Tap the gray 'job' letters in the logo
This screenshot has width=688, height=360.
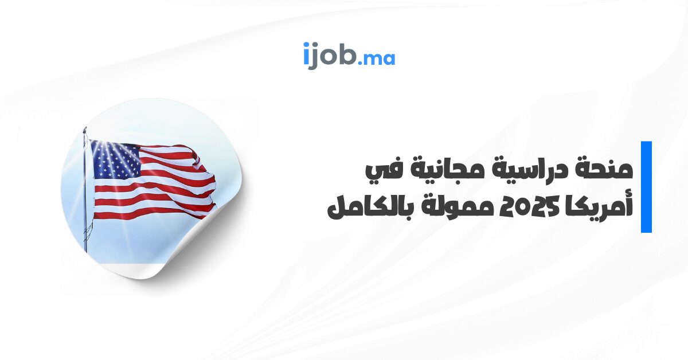pos(333,56)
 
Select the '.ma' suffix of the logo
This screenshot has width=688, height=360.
pos(377,58)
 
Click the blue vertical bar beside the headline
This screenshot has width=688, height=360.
pos(646,187)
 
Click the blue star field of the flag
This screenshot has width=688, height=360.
pos(116,160)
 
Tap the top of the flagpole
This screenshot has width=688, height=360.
pos(85,130)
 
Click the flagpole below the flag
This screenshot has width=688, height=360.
pos(85,236)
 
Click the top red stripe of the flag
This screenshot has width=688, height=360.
pos(166,150)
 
